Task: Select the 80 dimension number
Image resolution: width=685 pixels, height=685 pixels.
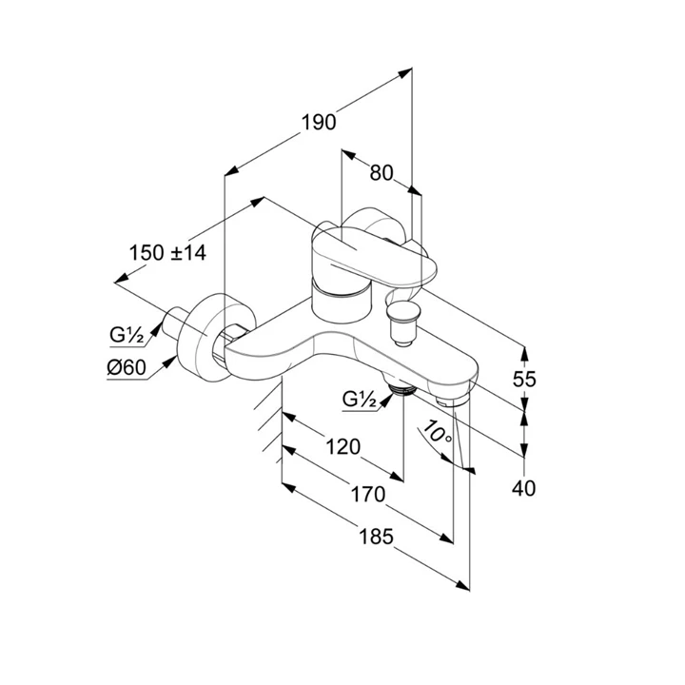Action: click(381, 172)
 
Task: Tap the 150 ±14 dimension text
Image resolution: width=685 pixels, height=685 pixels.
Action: click(167, 252)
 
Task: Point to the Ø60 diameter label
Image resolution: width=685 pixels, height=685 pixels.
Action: click(126, 369)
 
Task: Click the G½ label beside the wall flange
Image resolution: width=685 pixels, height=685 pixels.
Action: click(126, 335)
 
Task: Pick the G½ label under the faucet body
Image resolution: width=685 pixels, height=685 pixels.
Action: click(360, 400)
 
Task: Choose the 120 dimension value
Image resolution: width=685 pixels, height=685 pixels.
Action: click(342, 446)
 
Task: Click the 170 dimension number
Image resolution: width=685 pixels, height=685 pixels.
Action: click(366, 495)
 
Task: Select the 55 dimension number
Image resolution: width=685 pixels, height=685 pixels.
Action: click(524, 378)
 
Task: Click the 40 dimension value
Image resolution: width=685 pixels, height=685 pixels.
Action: click(524, 488)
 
